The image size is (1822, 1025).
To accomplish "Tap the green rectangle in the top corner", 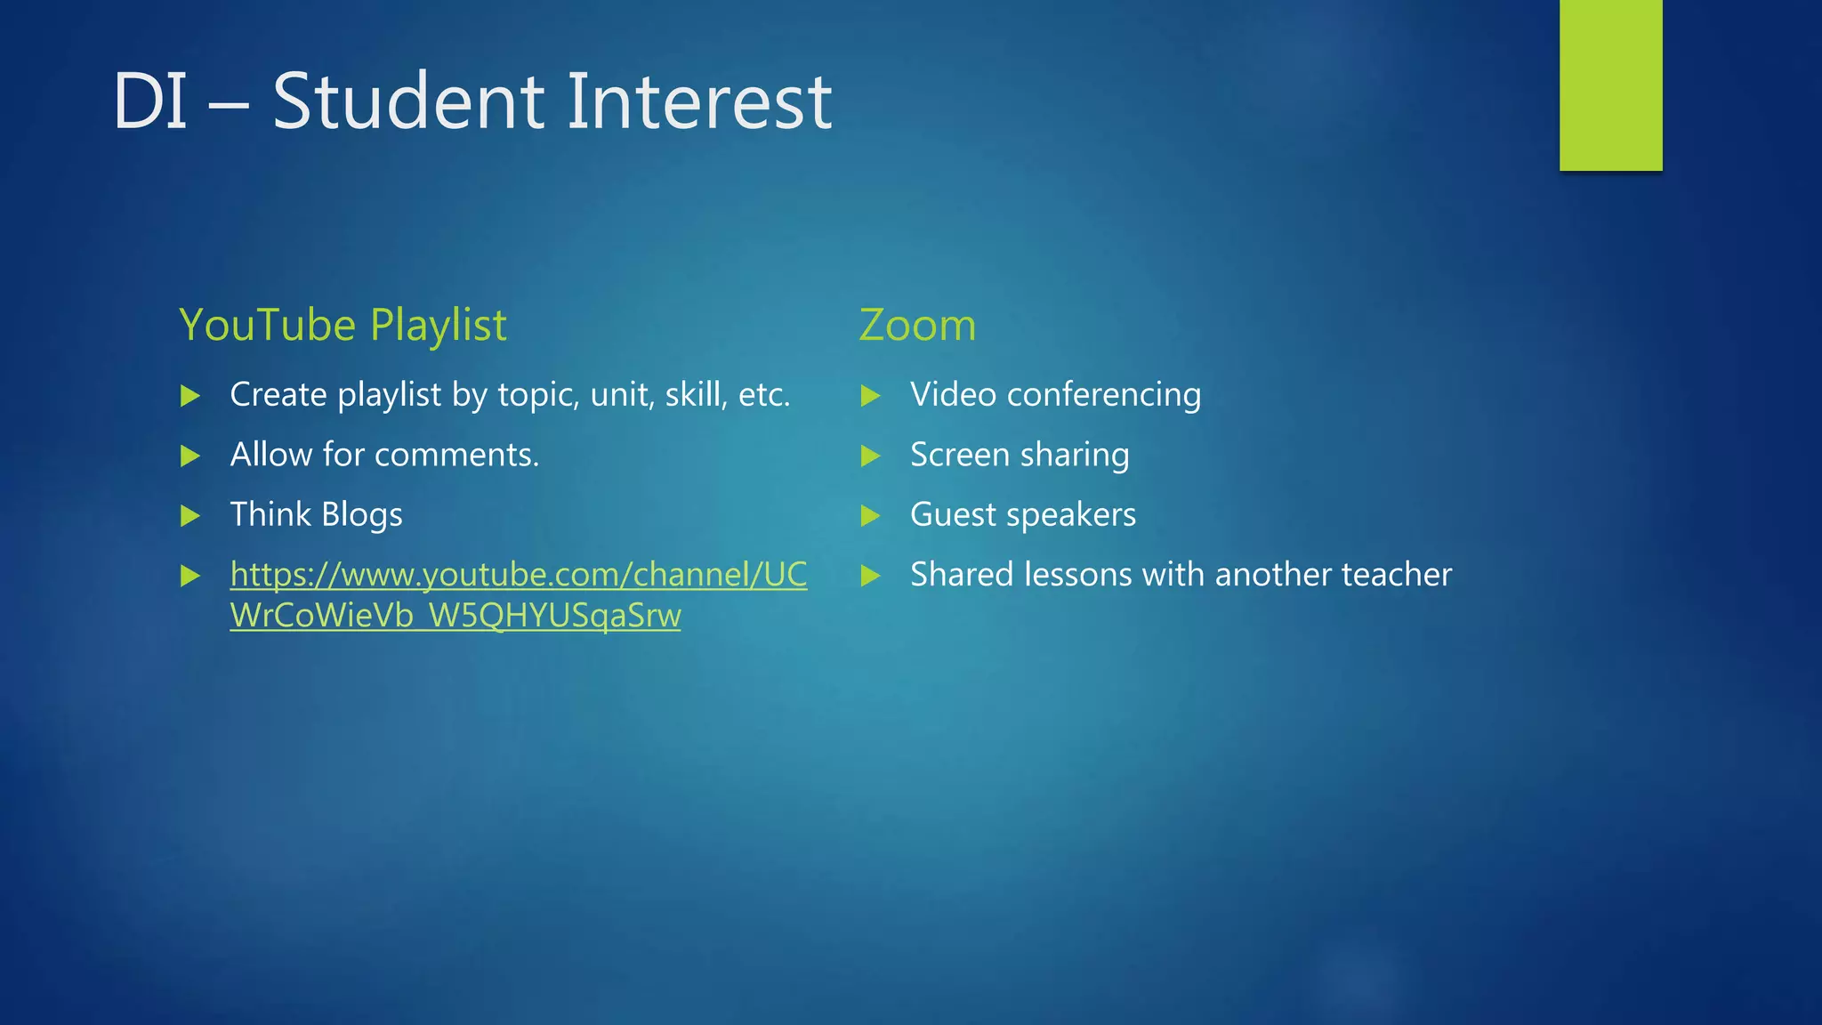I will [x=1610, y=85].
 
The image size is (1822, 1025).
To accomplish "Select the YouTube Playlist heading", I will [x=343, y=325].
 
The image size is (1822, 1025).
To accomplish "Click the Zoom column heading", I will [x=917, y=325].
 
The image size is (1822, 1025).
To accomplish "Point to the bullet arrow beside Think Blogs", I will [x=189, y=515].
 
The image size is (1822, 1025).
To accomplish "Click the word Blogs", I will [x=361, y=515].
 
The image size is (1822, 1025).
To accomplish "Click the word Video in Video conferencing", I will [x=953, y=395].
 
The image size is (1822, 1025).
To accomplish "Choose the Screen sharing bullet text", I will [x=1020, y=456].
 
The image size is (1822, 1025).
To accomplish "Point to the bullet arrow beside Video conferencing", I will [x=870, y=396].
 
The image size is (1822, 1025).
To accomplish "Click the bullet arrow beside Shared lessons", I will [x=870, y=576].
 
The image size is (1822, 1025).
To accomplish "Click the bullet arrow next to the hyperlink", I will [x=189, y=576].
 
